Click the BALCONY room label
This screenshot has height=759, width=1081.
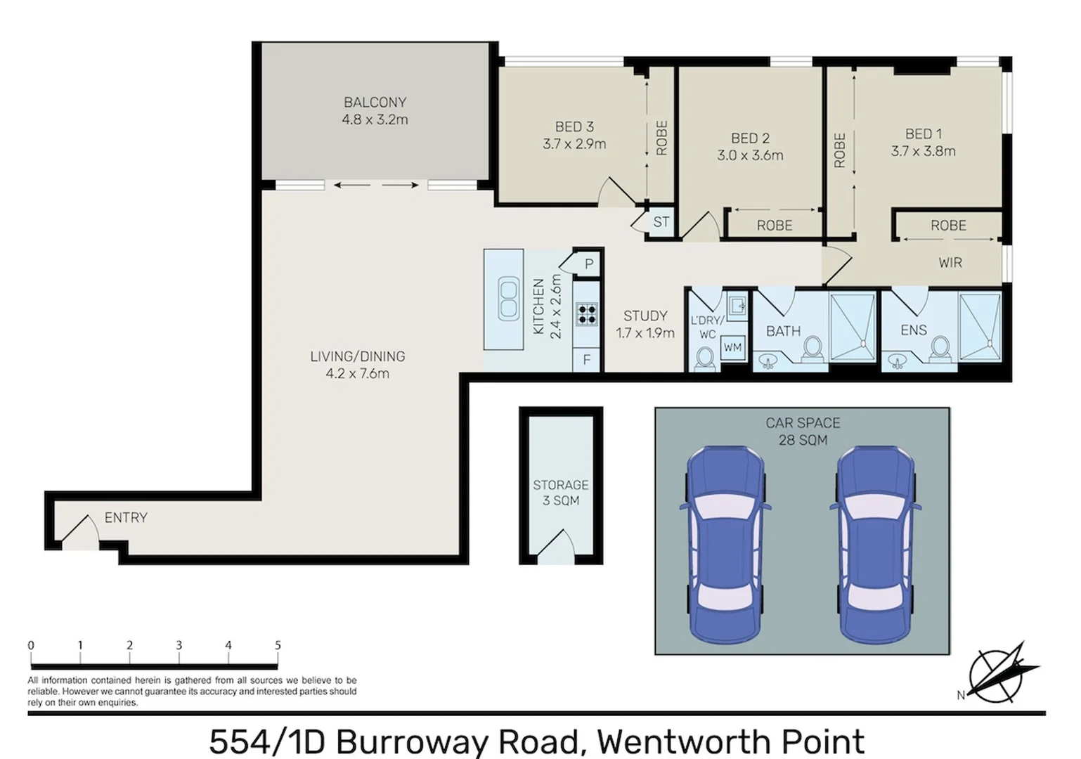tap(375, 103)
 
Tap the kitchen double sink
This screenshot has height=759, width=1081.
tap(508, 299)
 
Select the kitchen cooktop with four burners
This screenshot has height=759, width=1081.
tap(587, 314)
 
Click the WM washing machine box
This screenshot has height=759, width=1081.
tap(732, 347)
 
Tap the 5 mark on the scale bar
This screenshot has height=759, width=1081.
tap(278, 645)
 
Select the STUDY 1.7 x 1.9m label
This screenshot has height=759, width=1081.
tap(645, 324)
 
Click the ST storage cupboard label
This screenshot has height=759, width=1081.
tap(661, 222)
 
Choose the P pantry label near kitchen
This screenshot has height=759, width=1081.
tap(589, 264)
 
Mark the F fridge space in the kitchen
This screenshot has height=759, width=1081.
tap(587, 361)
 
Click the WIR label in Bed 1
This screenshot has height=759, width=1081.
tap(950, 263)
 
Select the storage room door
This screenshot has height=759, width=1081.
tap(560, 546)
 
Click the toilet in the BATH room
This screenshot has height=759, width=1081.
tap(813, 349)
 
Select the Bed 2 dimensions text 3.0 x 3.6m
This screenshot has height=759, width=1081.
tap(750, 155)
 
